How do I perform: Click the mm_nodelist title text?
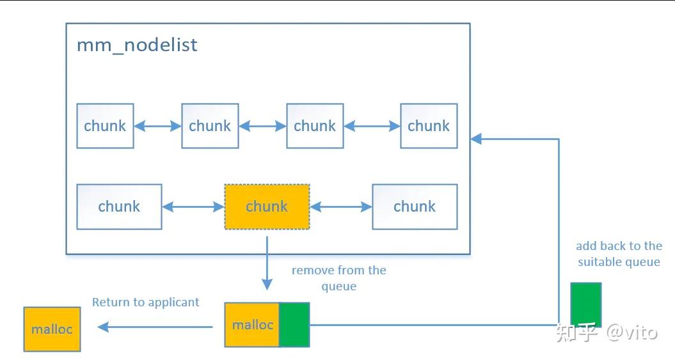click(137, 45)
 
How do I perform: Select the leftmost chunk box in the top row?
click(105, 126)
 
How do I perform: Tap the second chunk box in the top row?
click(210, 126)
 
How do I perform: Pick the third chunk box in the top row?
click(315, 126)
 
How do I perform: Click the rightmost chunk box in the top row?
click(429, 126)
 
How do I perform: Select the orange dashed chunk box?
click(267, 207)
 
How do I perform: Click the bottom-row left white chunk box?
click(119, 207)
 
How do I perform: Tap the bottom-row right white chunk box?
click(415, 207)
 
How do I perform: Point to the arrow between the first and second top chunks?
click(157, 126)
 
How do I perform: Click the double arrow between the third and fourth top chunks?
click(372, 126)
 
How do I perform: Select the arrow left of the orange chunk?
click(193, 207)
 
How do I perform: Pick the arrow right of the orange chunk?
click(341, 207)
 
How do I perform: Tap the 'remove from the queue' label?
click(339, 278)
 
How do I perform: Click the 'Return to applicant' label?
click(145, 302)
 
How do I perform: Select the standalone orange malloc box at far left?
click(52, 329)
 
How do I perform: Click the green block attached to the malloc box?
click(294, 325)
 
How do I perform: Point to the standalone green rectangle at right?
click(586, 304)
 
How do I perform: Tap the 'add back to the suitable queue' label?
click(619, 254)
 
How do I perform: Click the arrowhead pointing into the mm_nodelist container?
click(475, 139)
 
